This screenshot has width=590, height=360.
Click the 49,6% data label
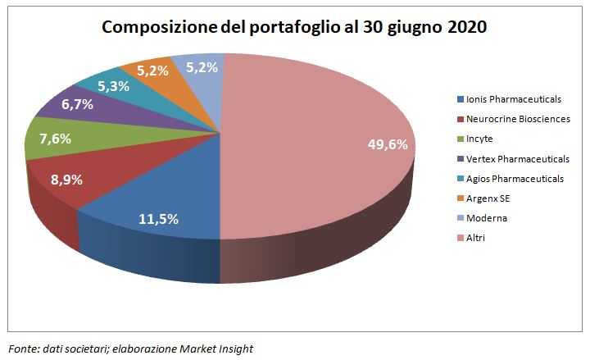pyautogui.click(x=387, y=145)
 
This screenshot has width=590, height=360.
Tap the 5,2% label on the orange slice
pyautogui.click(x=154, y=71)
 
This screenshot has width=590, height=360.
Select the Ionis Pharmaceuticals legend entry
pyautogui.click(x=513, y=99)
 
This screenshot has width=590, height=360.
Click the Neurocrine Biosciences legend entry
pyautogui.click(x=517, y=119)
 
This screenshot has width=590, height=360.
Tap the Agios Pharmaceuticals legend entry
pyautogui.click(x=515, y=178)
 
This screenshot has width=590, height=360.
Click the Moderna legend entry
pyautogui.click(x=487, y=218)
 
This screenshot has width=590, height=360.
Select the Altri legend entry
pyautogui.click(x=478, y=238)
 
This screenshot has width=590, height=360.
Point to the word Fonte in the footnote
pyautogui.click(x=23, y=349)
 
